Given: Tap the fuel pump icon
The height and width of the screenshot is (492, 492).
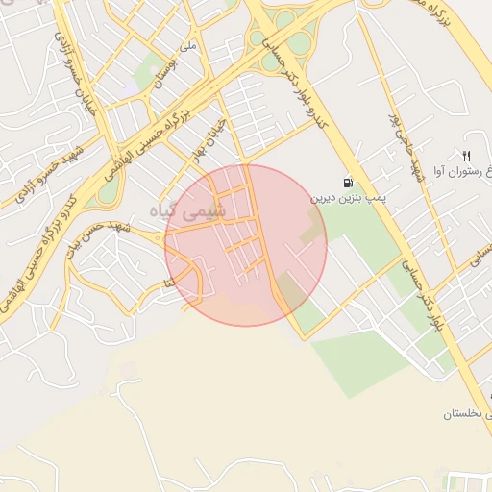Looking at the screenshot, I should tap(346, 183).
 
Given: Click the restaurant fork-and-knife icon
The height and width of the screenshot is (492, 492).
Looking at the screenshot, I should tap(467, 156).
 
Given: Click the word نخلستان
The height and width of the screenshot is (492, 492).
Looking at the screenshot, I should tap(467, 414).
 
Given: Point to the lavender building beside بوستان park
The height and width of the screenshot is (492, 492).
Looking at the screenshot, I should tap(131, 89).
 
